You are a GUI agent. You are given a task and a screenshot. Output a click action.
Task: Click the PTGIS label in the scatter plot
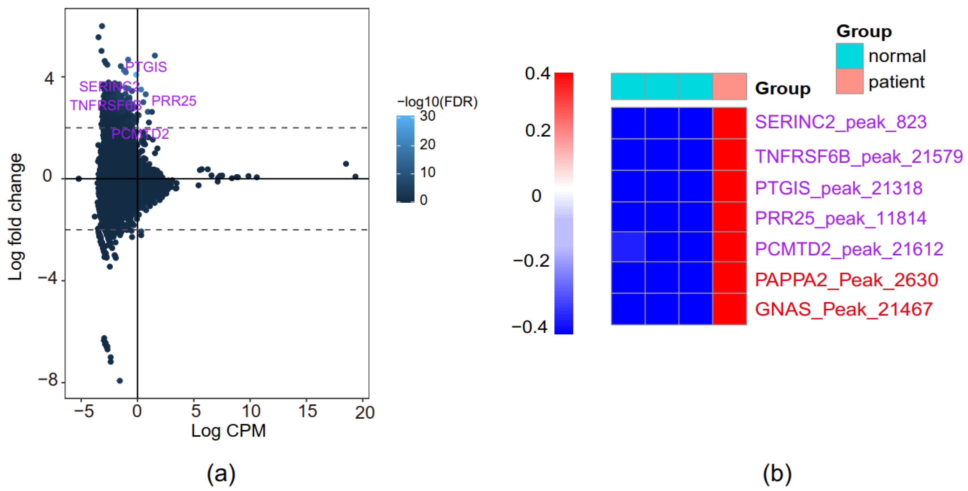(x=146, y=67)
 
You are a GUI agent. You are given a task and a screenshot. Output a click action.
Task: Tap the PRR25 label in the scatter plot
(x=174, y=101)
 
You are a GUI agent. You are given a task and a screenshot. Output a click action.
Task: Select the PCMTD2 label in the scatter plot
(x=140, y=134)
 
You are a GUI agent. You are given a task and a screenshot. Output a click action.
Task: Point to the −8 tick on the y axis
(x=48, y=380)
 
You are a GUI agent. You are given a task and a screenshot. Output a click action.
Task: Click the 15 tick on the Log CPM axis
(x=307, y=411)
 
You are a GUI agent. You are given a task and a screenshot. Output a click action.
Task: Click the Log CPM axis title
(x=228, y=430)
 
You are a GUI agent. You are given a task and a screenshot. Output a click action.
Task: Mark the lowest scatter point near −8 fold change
(x=119, y=380)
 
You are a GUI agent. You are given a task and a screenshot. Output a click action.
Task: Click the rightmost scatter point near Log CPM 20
(x=355, y=176)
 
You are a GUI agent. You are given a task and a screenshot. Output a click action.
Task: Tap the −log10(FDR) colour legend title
(x=437, y=102)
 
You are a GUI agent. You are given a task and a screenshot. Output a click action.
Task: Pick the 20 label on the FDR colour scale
(x=427, y=144)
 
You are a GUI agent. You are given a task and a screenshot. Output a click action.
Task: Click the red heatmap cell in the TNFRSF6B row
(x=729, y=155)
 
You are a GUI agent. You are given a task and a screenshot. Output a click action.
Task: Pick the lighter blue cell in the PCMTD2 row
(x=628, y=247)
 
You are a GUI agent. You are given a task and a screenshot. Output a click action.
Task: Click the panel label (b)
(x=777, y=474)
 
